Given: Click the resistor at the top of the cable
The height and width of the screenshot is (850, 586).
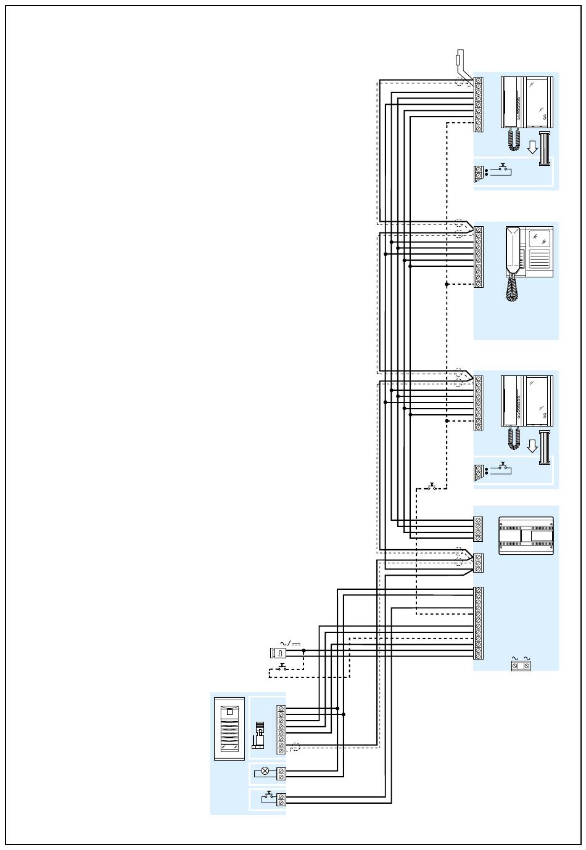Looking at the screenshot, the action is pos(458,60).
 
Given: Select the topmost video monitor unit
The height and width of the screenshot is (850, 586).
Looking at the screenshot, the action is pos(527,102).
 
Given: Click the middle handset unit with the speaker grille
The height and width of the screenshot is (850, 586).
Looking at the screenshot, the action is pos(529,251).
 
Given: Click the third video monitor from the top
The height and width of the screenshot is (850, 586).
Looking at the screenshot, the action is pos(527,401).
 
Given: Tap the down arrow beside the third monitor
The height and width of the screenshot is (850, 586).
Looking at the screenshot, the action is pos(533,446).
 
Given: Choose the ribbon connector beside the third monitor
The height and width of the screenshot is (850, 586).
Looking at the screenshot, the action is pos(544,447).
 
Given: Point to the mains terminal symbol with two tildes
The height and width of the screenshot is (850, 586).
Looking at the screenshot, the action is pos(521,664).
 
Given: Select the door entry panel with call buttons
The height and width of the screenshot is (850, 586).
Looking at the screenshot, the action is pos(229,729).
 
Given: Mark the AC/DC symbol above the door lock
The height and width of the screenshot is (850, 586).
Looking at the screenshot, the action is pos(285,643).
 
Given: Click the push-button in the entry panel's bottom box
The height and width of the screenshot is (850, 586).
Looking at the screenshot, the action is pos(269,797).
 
